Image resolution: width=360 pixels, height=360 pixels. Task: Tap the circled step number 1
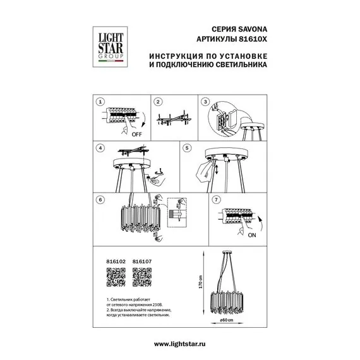point(100,102)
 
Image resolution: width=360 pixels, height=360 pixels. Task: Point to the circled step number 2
point(158,102)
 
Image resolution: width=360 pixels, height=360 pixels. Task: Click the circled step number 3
point(205,102)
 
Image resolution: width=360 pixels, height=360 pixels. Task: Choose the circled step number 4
point(100,148)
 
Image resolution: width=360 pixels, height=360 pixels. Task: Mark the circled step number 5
point(186,148)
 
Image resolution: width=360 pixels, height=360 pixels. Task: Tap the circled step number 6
point(100,199)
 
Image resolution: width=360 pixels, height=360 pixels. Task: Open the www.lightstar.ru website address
point(180,343)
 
